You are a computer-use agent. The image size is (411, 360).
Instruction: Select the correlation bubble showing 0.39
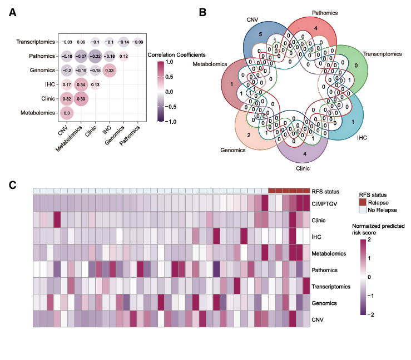pos(81,99)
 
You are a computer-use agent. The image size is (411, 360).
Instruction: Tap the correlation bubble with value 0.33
pos(110,70)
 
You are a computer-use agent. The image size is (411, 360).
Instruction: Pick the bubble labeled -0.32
pos(95,56)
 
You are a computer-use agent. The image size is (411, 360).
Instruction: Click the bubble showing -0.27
pos(81,56)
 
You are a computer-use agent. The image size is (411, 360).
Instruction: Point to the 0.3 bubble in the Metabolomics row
pos(67,113)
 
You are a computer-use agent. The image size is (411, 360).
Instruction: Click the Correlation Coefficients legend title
pos(177,55)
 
